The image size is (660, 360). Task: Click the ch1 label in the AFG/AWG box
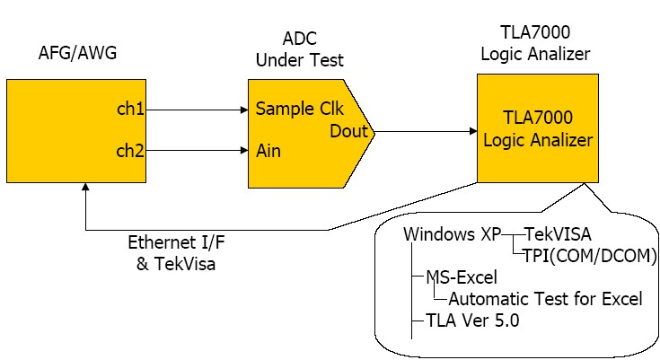click(x=130, y=110)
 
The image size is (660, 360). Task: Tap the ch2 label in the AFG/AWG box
click(x=130, y=150)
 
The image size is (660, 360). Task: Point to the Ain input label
click(x=268, y=151)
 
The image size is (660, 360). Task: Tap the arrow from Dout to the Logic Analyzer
click(x=426, y=131)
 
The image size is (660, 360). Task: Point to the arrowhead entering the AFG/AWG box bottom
click(x=84, y=187)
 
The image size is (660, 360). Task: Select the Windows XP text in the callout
click(x=452, y=233)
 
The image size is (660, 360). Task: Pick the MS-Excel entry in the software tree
click(x=462, y=277)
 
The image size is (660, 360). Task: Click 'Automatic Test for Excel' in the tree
click(x=544, y=299)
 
